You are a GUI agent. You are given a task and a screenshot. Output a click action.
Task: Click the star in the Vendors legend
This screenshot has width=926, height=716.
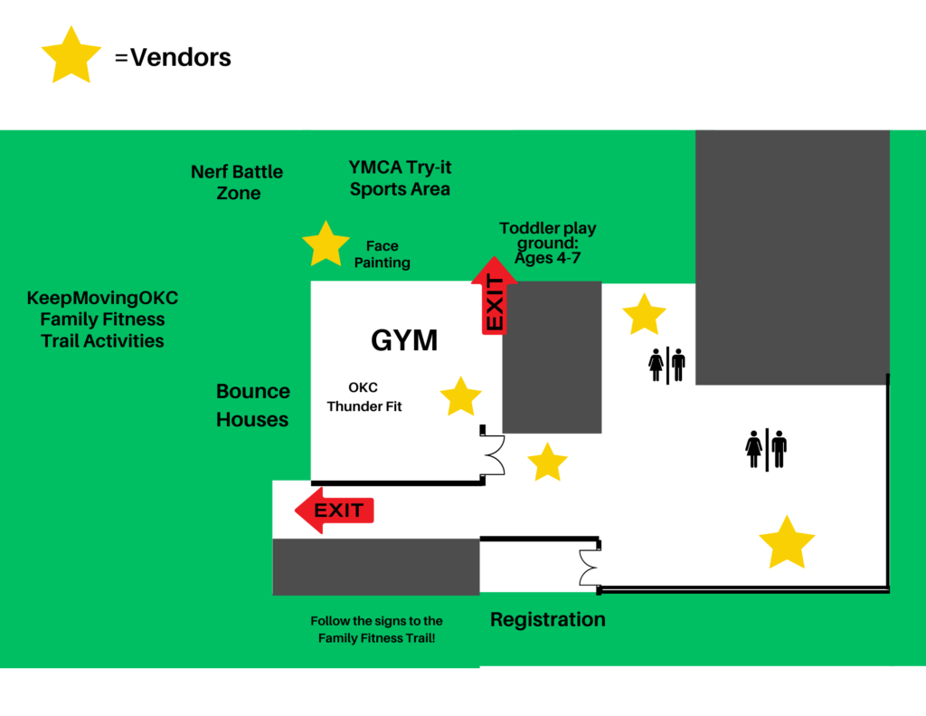coord(71,57)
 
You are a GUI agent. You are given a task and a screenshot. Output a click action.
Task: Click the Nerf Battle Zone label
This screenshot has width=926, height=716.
coord(237,182)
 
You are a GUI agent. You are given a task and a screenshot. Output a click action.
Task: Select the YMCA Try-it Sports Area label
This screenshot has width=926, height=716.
coord(400,178)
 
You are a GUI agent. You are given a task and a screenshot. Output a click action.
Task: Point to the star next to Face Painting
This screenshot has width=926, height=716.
coord(326,244)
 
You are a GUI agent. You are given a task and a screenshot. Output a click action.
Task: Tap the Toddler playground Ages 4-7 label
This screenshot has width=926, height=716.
coord(548,243)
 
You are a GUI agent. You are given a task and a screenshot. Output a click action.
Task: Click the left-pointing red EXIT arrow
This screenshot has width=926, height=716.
coord(334,511)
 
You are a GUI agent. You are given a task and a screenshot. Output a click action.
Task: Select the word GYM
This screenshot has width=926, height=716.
coord(404,340)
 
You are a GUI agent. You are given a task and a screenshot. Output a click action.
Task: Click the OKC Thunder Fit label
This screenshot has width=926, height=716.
coord(364,397)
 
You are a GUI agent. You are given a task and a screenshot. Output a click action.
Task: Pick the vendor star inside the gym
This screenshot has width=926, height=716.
coord(460,397)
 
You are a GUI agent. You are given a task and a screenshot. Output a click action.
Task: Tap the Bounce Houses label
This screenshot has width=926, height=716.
coord(252,406)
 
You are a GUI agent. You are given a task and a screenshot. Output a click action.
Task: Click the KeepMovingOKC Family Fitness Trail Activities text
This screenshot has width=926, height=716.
coord(102,319)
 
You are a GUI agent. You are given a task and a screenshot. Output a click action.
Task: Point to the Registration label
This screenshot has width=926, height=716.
coord(547,620)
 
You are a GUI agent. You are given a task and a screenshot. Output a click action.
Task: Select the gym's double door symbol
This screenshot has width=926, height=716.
coord(494,453)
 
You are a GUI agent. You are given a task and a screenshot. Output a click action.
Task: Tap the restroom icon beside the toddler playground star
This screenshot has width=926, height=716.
coord(666,365)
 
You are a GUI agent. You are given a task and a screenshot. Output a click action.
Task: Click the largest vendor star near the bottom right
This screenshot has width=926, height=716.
coord(787,544)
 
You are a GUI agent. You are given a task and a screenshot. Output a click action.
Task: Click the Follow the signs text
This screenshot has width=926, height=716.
coord(376,629)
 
